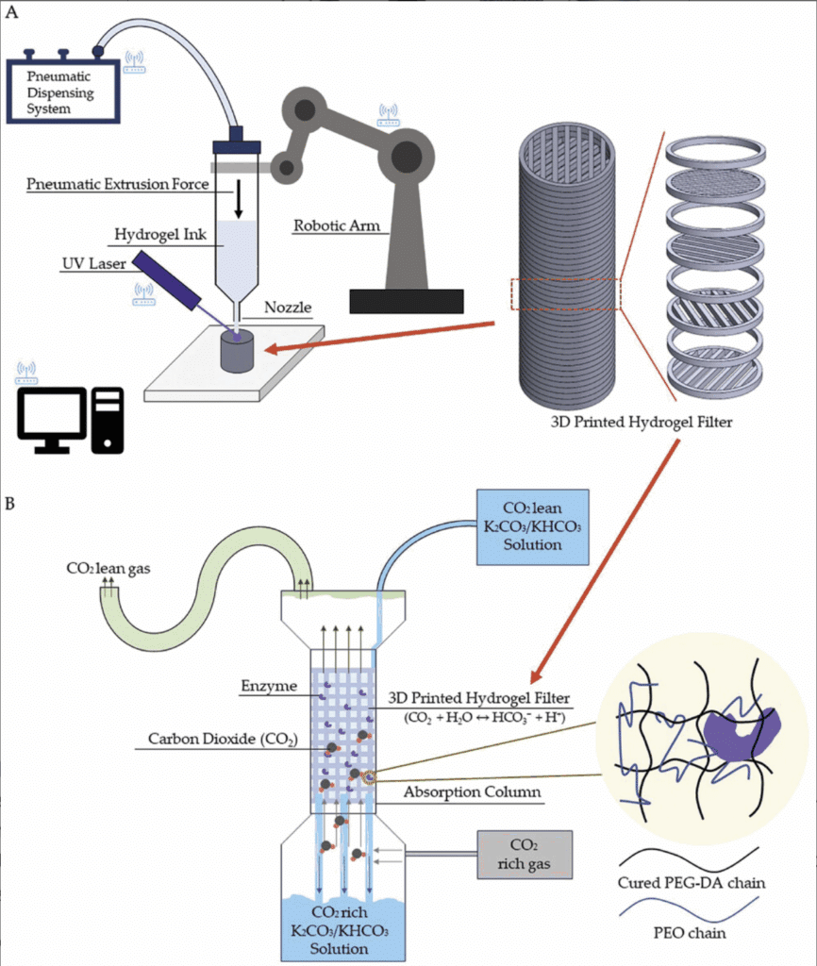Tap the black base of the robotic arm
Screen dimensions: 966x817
pyautogui.click(x=406, y=301)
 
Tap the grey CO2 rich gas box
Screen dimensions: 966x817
pyautogui.click(x=525, y=854)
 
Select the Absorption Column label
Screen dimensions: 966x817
pyautogui.click(x=472, y=791)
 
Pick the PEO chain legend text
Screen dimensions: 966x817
pyautogui.click(x=690, y=934)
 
